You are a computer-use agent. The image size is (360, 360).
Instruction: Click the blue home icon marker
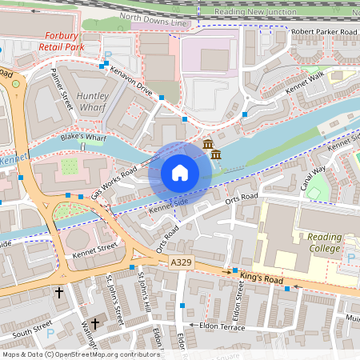180,173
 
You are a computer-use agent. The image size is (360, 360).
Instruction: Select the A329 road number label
181,262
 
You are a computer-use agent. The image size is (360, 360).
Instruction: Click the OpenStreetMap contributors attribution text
80,354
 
